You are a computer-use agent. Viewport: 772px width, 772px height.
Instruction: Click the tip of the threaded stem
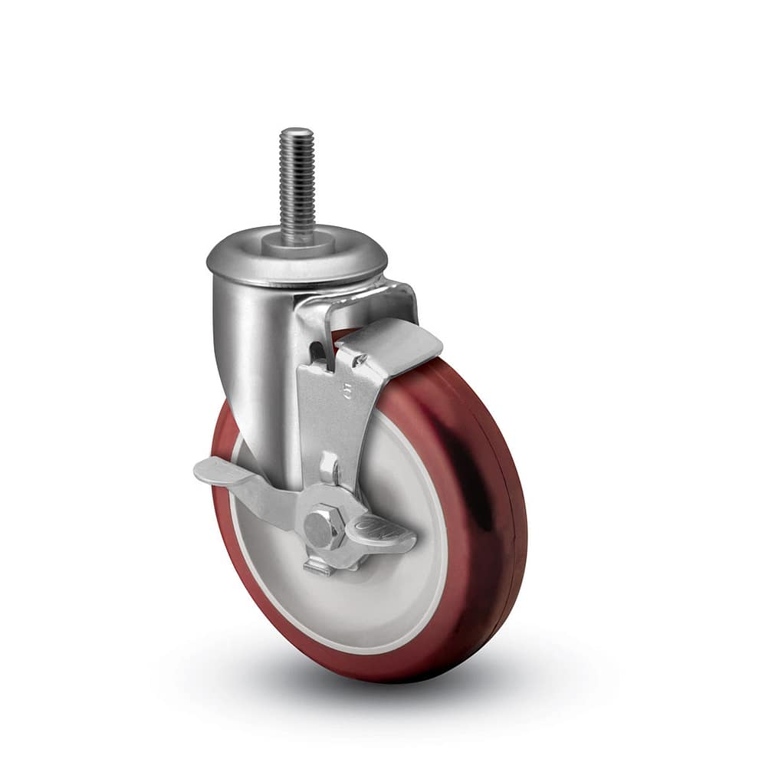click(x=296, y=131)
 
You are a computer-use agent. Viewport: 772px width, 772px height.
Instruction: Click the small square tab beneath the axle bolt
click(x=318, y=568)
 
